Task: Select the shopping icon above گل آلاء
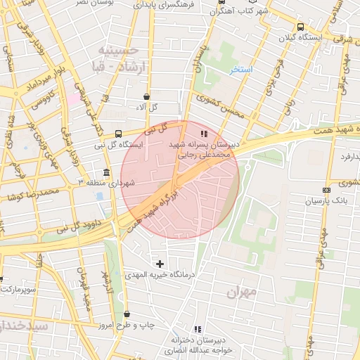click(146, 97)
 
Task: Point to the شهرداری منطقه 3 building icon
click(106, 172)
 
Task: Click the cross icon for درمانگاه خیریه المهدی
click(160, 264)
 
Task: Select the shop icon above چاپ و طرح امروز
click(127, 314)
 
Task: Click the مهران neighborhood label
click(240, 290)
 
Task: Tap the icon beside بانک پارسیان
click(326, 190)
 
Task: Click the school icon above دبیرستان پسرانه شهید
click(204, 134)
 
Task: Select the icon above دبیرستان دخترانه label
click(198, 328)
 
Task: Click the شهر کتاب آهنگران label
click(224, 11)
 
